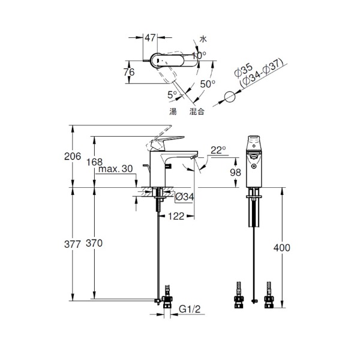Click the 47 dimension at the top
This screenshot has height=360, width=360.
pos(150,38)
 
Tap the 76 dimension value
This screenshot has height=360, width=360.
pos(129,72)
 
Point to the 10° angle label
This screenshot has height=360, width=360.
pos(199,55)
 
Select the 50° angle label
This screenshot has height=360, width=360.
pos(208,84)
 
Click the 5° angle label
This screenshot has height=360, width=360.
pos(172,95)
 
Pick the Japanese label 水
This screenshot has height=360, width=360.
pos(203,39)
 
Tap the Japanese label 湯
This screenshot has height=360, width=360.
pos(173,112)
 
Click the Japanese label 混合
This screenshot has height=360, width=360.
pos(197,112)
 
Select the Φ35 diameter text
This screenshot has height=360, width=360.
pos(244,70)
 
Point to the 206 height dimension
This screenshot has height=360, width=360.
pos(73,157)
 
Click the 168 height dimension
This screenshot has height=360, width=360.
pos(94,162)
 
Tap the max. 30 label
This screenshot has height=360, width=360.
pos(115,169)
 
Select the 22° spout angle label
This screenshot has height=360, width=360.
pos(218,150)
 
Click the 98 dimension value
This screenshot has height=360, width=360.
pos(236,172)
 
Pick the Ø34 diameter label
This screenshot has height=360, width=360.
pos(185,197)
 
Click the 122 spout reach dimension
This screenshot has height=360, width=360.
pos(176,216)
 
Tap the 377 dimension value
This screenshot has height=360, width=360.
pos(73,244)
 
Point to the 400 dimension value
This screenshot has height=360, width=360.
pos(282,248)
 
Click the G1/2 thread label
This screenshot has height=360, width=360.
pos(190,309)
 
